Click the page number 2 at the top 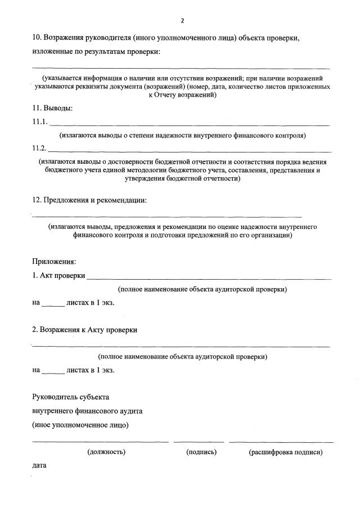(x=182, y=21)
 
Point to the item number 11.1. (x=40, y=122)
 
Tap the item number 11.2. (x=40, y=149)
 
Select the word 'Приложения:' (x=54, y=261)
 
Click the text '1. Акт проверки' (x=58, y=275)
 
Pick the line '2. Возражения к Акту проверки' (x=84, y=330)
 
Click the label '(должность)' (x=106, y=452)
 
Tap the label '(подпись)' (x=201, y=452)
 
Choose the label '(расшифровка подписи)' (x=285, y=452)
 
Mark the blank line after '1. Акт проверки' (x=209, y=278)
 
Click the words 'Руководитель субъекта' (x=70, y=397)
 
